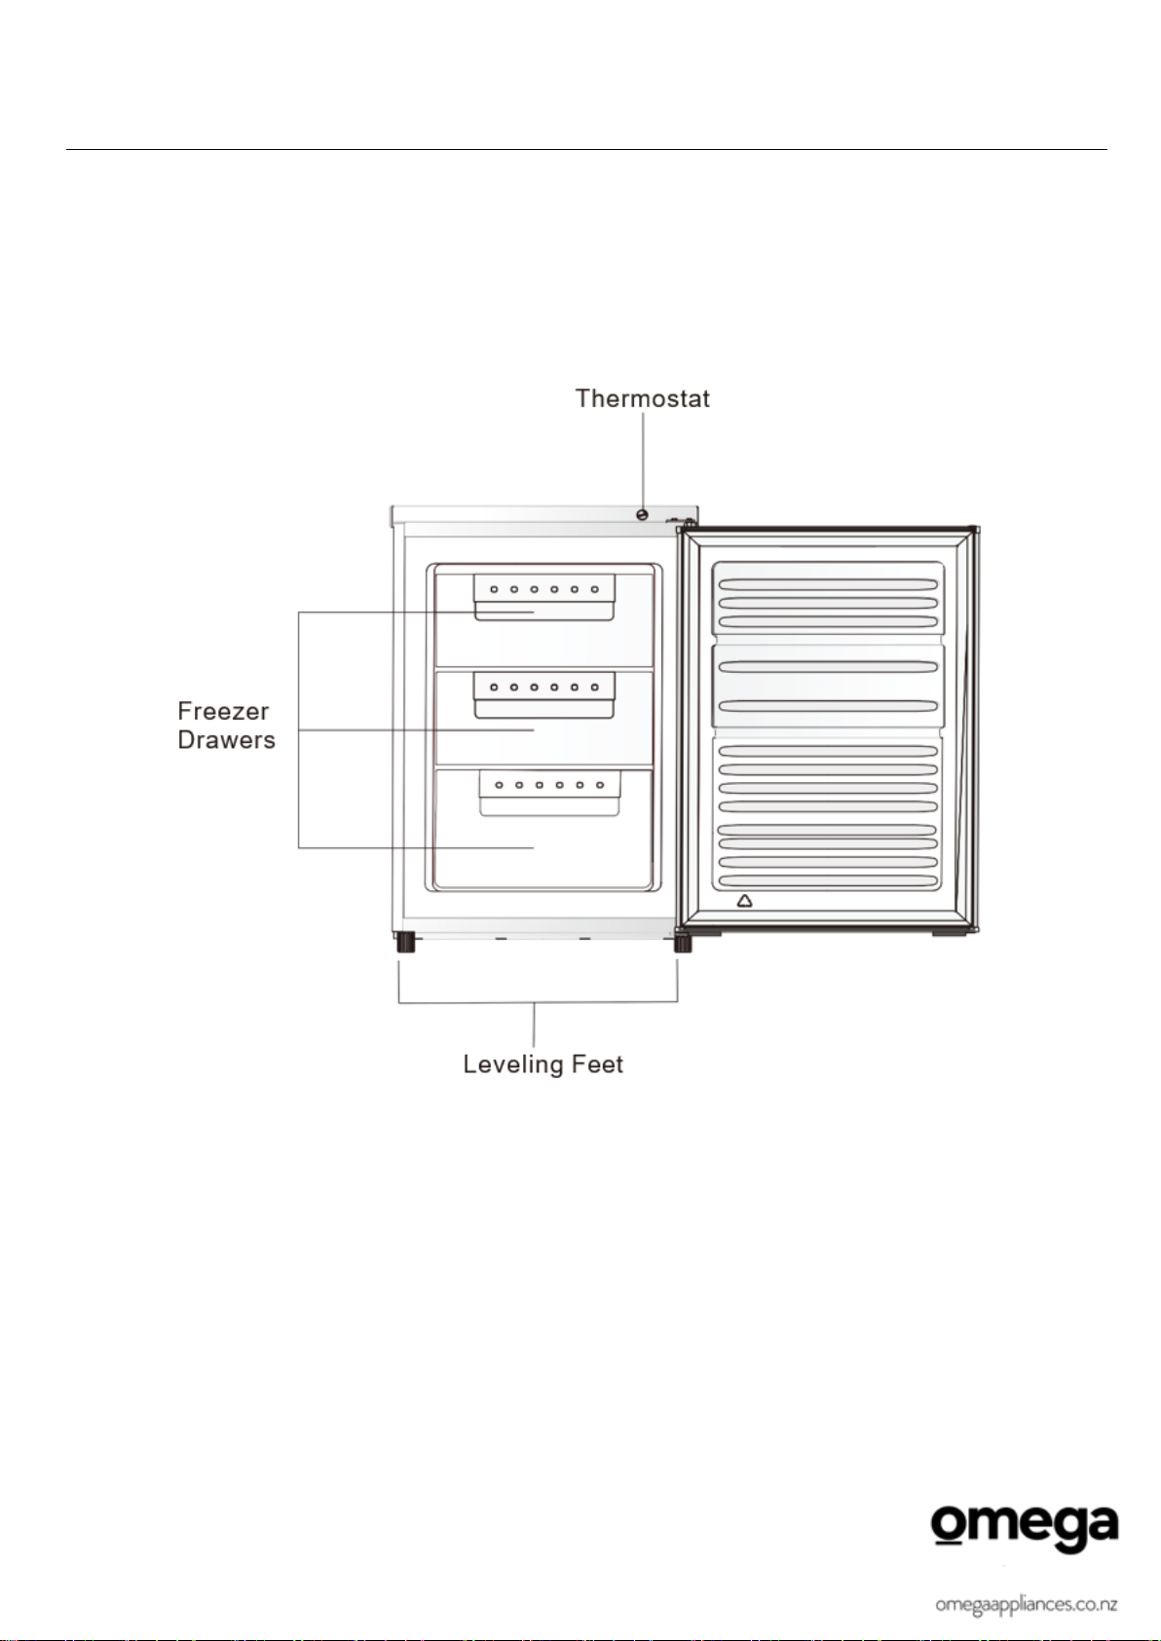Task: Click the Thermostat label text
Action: pos(643,398)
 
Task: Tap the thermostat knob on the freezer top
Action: pos(643,515)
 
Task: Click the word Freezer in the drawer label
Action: pos(223,711)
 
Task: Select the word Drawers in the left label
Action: pos(226,739)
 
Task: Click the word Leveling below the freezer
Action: pos(512,1065)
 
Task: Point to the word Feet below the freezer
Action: pos(597,1064)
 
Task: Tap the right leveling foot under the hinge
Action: pos(683,942)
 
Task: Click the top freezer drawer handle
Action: pos(543,597)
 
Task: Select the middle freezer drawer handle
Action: pos(543,695)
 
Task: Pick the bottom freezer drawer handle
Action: pos(550,793)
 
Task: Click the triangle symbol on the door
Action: pos(744,900)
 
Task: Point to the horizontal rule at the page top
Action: pos(586,149)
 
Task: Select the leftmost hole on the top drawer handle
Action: pos(495,589)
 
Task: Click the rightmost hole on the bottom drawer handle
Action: pos(600,785)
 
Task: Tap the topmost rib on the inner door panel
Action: pos(829,584)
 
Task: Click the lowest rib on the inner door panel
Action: pos(829,881)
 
